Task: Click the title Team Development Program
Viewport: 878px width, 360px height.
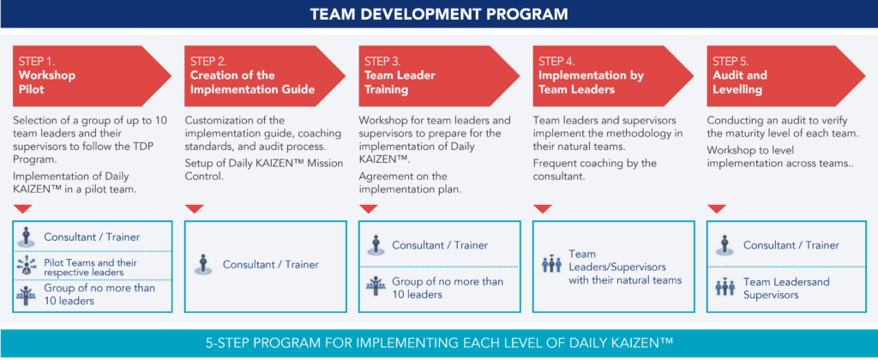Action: [439, 14]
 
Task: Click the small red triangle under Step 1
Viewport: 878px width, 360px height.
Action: [24, 208]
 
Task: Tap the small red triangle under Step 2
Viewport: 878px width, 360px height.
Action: [195, 208]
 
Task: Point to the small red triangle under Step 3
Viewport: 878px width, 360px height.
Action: [369, 208]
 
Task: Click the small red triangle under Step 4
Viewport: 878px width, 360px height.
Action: [543, 208]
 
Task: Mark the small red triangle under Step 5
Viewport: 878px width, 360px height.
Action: [717, 208]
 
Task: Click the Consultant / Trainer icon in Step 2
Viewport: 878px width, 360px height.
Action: [203, 264]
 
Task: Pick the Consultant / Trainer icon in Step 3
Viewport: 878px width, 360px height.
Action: [376, 244]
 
